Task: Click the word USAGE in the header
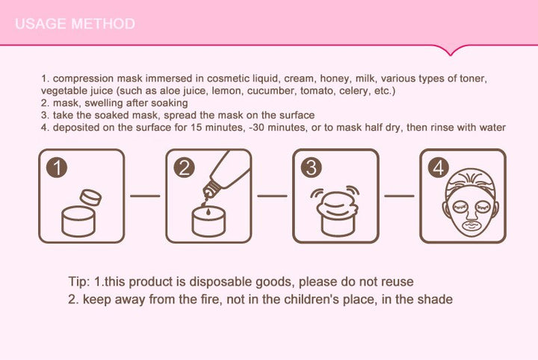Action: pyautogui.click(x=40, y=24)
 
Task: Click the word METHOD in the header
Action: pyautogui.click(x=103, y=24)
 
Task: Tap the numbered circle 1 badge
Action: pyautogui.click(x=57, y=167)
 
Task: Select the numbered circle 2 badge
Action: pyautogui.click(x=184, y=167)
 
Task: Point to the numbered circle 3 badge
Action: pyautogui.click(x=311, y=167)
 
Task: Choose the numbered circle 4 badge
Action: pyautogui.click(x=438, y=167)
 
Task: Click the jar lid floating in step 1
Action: pyautogui.click(x=90, y=197)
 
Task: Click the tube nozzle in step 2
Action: pyautogui.click(x=209, y=190)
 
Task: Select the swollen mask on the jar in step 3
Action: pyautogui.click(x=338, y=204)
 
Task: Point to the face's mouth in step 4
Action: pyautogui.click(x=471, y=226)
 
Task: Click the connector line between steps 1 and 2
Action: pyautogui.click(x=145, y=196)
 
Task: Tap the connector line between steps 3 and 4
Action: pyautogui.click(x=399, y=196)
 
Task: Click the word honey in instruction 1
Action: pyautogui.click(x=336, y=78)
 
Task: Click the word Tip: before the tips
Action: pyautogui.click(x=79, y=282)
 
